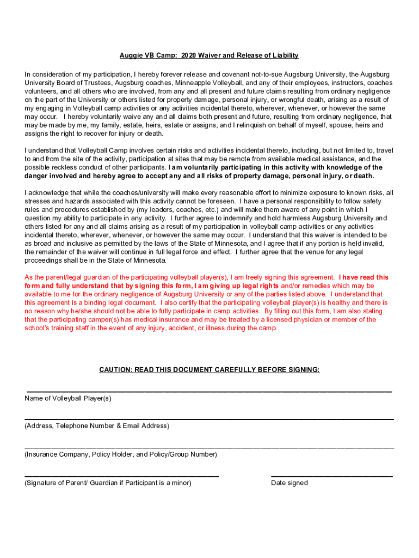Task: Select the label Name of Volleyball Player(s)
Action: pyautogui.click(x=68, y=398)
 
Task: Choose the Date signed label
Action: pyautogui.click(x=289, y=483)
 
